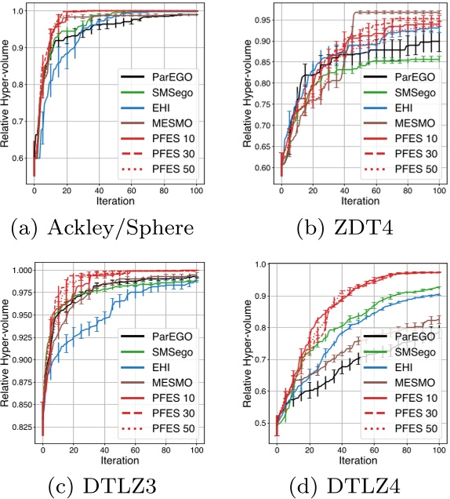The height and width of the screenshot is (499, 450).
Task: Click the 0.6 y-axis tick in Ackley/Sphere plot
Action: pyautogui.click(x=19, y=158)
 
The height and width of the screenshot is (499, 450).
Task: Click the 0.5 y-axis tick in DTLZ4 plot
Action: pyautogui.click(x=259, y=424)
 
